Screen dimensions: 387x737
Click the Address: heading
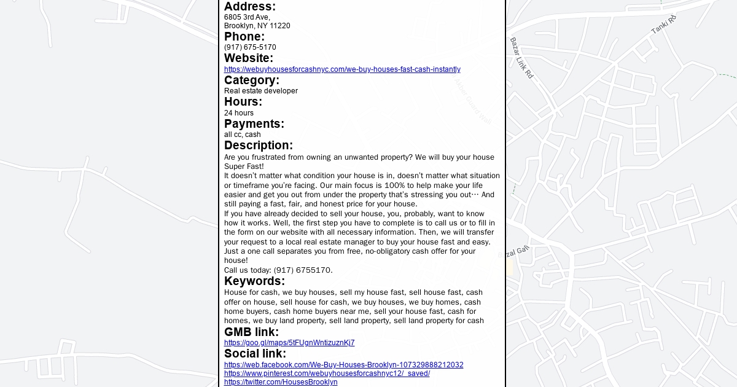tap(250, 7)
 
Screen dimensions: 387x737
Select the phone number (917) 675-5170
tap(250, 47)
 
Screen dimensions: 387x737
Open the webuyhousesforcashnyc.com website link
tap(342, 69)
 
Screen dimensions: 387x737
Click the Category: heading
tap(252, 80)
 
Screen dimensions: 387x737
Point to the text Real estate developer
tap(261, 91)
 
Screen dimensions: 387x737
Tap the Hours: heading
tap(243, 102)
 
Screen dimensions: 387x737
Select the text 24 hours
tap(239, 113)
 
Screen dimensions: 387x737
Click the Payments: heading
tap(254, 124)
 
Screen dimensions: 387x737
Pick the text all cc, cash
tap(243, 135)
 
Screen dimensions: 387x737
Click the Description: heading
tap(259, 146)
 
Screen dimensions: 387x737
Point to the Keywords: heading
tap(254, 281)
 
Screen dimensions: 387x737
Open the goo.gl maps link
tap(289, 343)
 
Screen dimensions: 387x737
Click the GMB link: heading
tap(251, 332)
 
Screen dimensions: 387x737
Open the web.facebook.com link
tap(344, 365)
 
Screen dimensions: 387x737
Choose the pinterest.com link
tap(327, 373)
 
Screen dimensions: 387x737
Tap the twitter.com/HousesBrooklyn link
tap(281, 382)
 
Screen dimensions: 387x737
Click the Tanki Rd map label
tap(663, 25)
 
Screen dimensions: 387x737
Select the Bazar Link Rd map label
tap(521, 58)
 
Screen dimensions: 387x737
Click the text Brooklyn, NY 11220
tap(257, 26)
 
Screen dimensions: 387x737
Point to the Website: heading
tap(249, 58)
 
